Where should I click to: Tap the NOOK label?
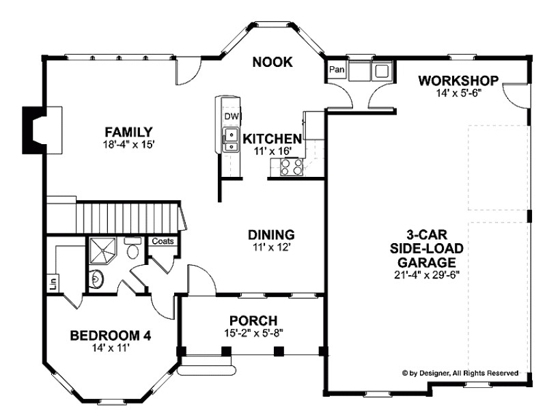272,62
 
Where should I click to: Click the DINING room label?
270,234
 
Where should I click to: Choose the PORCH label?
253,320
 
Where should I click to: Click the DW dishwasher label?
230,116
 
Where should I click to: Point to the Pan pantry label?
336,70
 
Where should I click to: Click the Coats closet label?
163,241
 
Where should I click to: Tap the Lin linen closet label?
53,281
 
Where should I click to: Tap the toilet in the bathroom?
133,250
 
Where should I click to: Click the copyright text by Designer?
460,373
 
